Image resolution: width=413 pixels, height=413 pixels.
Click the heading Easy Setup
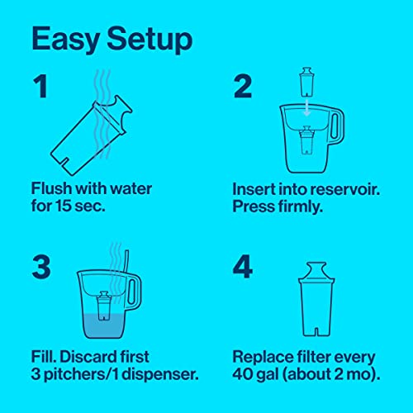(x=112, y=39)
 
